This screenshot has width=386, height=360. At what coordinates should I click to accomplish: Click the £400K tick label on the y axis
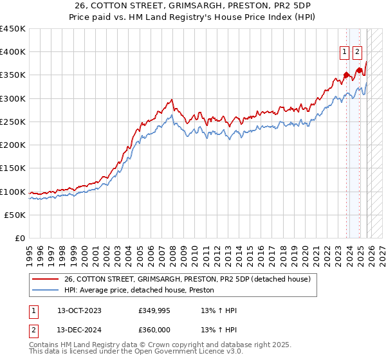click(x=13, y=52)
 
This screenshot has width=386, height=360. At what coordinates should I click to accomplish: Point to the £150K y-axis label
click(x=13, y=168)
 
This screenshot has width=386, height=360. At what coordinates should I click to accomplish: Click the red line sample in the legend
click(x=45, y=280)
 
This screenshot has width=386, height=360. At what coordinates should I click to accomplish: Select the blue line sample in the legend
click(x=45, y=291)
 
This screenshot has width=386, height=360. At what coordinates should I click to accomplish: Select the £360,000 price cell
click(x=154, y=329)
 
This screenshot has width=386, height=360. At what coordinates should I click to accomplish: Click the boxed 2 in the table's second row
click(x=33, y=329)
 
